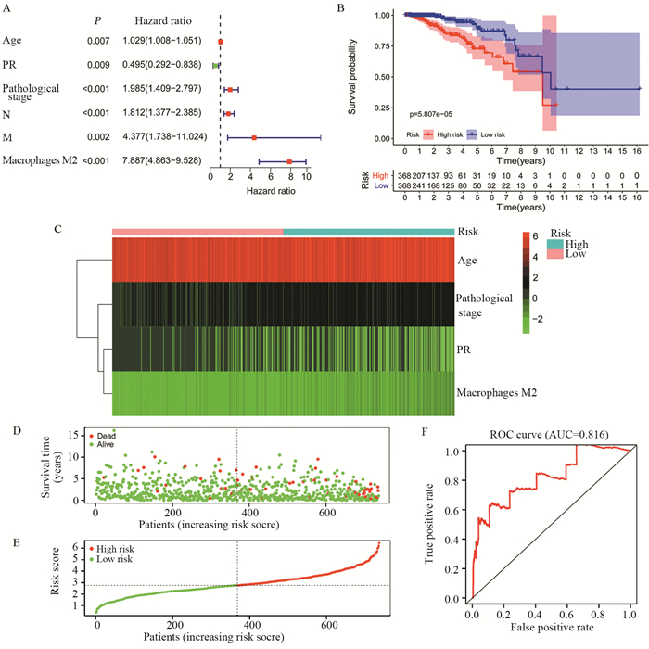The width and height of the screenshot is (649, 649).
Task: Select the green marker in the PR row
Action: coord(216,66)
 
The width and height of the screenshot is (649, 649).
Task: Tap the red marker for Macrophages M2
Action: coord(289,162)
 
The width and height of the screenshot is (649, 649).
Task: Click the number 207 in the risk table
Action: coord(420,173)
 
